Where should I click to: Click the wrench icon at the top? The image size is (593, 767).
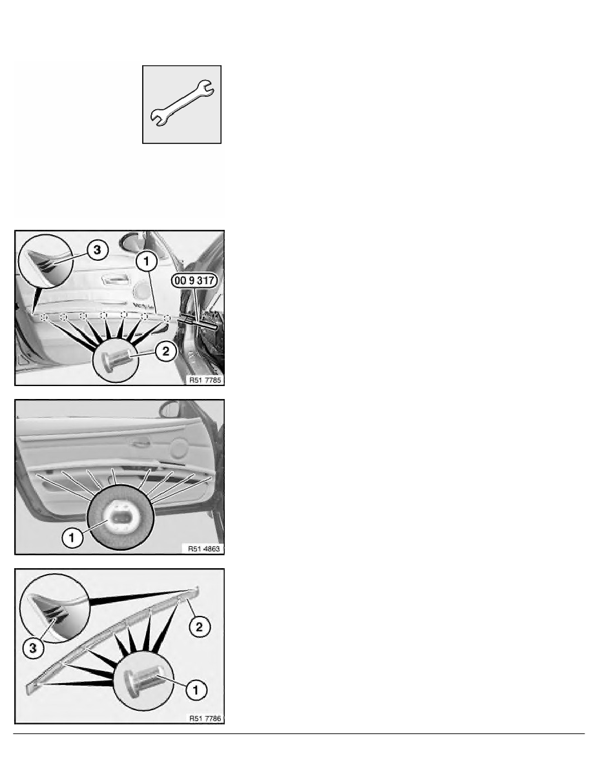click(x=182, y=103)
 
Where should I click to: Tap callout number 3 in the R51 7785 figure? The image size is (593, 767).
click(x=98, y=250)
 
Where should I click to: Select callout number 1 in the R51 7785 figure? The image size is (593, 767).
click(x=146, y=261)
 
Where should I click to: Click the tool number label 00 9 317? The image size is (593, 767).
click(x=194, y=280)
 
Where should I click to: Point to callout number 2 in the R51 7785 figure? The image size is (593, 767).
click(x=166, y=351)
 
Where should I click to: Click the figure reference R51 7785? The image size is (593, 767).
click(x=205, y=380)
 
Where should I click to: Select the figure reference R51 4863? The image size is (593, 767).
click(x=204, y=549)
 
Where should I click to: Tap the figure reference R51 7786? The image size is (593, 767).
click(x=205, y=718)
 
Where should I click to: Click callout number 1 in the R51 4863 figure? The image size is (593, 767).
click(x=72, y=538)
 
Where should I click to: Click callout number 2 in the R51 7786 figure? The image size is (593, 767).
click(x=199, y=627)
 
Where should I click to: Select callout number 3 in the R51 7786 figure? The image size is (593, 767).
click(x=33, y=648)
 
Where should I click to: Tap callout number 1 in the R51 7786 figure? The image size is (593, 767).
click(x=196, y=690)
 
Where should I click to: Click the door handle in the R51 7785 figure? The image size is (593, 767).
click(x=115, y=280)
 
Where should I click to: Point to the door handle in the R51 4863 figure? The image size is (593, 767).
click(x=140, y=444)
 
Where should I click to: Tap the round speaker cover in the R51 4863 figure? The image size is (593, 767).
click(x=180, y=449)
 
